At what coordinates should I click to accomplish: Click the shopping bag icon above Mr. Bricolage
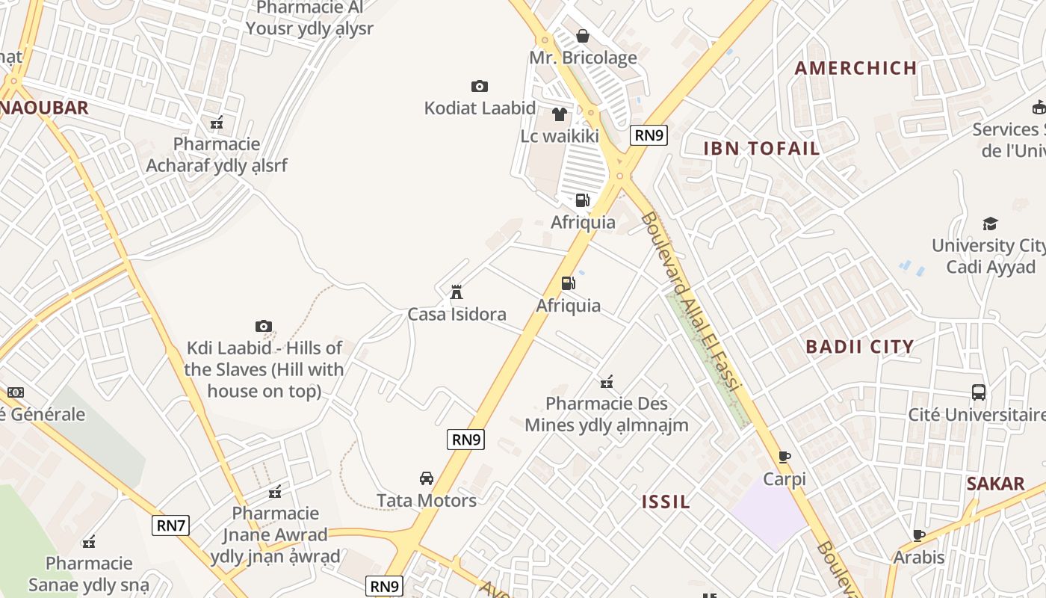pyautogui.click(x=583, y=36)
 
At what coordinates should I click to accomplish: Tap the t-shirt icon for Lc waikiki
pyautogui.click(x=560, y=114)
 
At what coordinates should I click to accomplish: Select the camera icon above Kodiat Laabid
pyautogui.click(x=480, y=87)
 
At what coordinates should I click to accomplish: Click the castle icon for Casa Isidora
pyautogui.click(x=457, y=292)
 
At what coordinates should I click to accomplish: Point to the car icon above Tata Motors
pyautogui.click(x=427, y=478)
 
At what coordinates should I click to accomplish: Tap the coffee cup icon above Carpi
pyautogui.click(x=784, y=457)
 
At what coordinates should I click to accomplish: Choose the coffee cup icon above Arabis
pyautogui.click(x=919, y=535)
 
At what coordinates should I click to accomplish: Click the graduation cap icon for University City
pyautogui.click(x=991, y=224)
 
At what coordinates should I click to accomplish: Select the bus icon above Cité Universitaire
pyautogui.click(x=979, y=392)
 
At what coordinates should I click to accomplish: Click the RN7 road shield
pyautogui.click(x=171, y=525)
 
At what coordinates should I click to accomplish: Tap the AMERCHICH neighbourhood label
pyautogui.click(x=855, y=68)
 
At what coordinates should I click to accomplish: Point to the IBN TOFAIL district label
pyautogui.click(x=761, y=148)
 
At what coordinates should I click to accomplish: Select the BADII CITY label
pyautogui.click(x=860, y=346)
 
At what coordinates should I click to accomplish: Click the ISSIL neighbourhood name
pyautogui.click(x=666, y=502)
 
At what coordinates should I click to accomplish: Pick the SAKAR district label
pyautogui.click(x=996, y=484)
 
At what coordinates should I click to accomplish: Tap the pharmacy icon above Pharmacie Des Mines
pyautogui.click(x=607, y=383)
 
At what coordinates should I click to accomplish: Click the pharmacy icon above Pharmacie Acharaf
pyautogui.click(x=217, y=123)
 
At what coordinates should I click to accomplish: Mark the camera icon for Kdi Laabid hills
pyautogui.click(x=264, y=326)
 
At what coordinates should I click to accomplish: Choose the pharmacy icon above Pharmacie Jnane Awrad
pyautogui.click(x=275, y=492)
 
